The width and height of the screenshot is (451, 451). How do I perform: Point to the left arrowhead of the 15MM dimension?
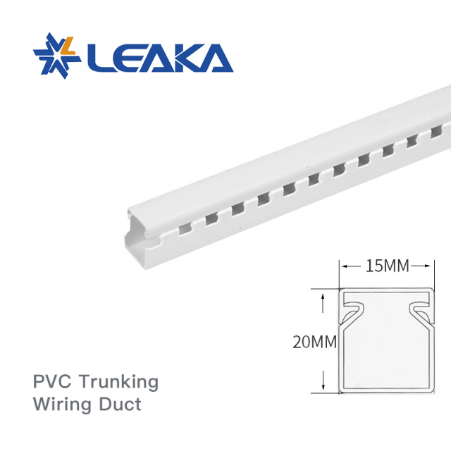tap(345, 266)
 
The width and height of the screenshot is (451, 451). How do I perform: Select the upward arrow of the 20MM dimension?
tap(323, 299)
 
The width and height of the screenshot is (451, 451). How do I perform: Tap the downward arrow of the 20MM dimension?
tap(323, 386)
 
